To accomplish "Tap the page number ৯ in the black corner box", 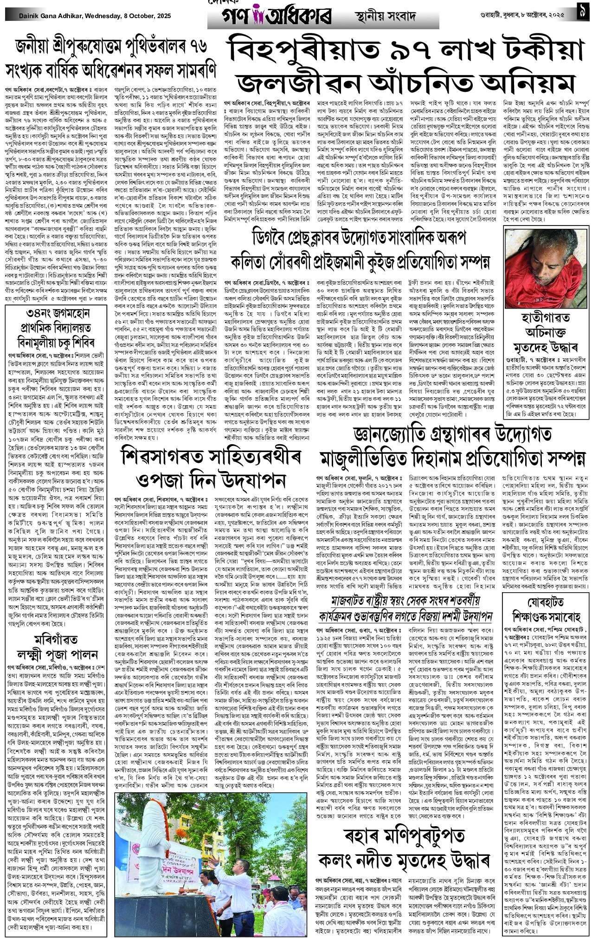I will [581, 14].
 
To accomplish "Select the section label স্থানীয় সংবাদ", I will [381, 17].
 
